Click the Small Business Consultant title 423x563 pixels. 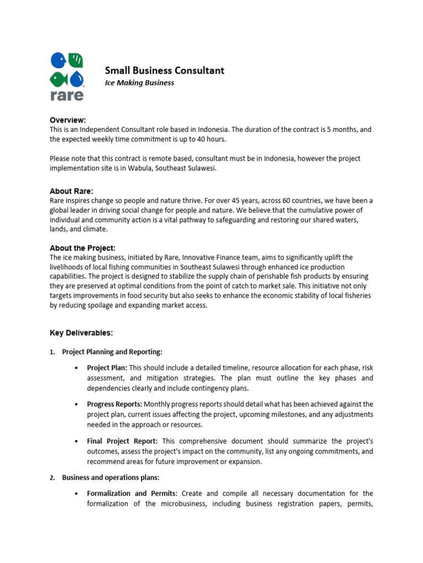[x=165, y=70]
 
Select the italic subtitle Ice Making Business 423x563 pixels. [x=139, y=83]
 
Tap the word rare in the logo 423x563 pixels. [x=67, y=95]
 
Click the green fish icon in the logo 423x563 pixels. [x=57, y=78]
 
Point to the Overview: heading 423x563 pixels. [x=68, y=120]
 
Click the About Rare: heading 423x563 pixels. [x=72, y=191]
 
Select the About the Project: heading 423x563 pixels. [x=83, y=248]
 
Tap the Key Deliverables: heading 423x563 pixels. [x=82, y=333]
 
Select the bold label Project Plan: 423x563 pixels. [x=107, y=367]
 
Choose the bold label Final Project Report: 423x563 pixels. [x=122, y=441]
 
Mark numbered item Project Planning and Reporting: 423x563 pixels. [x=112, y=352]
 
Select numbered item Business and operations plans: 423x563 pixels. [x=111, y=478]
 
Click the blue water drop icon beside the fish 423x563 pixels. [x=77, y=78]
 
